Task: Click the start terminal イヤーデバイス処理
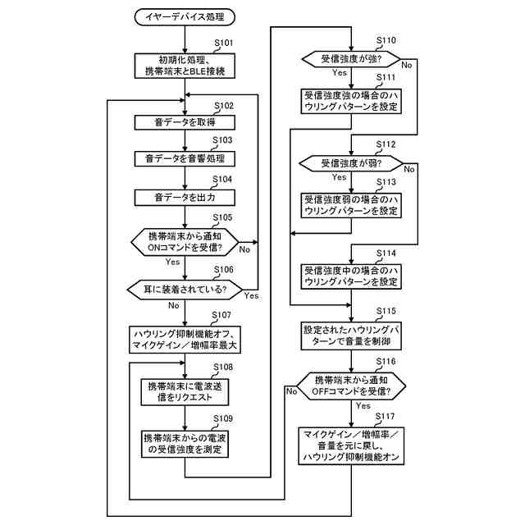[x=185, y=17]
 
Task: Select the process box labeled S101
[x=185, y=66]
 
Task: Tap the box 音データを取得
[x=185, y=122]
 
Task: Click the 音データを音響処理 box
[x=185, y=158]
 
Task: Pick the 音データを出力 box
[x=185, y=198]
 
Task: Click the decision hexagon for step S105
[x=185, y=242]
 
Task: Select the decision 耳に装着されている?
[x=185, y=290]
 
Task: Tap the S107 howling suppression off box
[x=185, y=340]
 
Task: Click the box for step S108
[x=185, y=392]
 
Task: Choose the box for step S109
[x=185, y=444]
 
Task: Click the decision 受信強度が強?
[x=351, y=59]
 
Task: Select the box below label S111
[x=351, y=101]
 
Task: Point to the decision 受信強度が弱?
[x=351, y=164]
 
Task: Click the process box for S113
[x=351, y=206]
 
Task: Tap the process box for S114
[x=351, y=276]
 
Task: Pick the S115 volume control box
[x=351, y=336]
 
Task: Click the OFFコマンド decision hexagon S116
[x=351, y=386]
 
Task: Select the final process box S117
[x=351, y=446]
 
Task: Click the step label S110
[x=386, y=40]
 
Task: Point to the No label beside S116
[x=291, y=391]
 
